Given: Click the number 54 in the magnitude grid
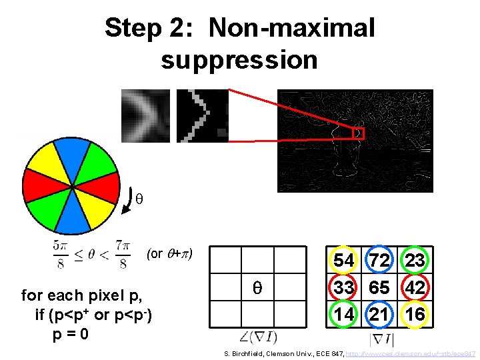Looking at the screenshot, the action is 344,261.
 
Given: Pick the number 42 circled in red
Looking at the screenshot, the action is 415,287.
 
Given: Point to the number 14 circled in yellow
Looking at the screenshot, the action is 344,313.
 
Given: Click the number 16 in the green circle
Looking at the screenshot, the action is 415,313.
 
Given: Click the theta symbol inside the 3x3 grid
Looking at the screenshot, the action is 257,288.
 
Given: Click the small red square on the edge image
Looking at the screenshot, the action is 359,133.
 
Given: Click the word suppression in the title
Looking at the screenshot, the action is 239,60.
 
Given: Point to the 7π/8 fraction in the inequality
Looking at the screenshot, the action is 123,254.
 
